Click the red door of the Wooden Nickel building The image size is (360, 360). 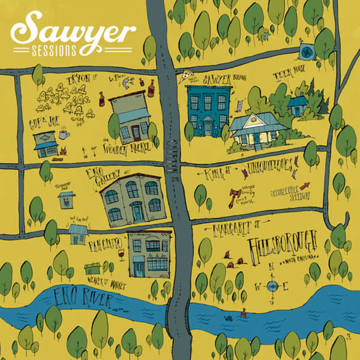(x=136, y=131)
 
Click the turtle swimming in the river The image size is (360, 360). (x=230, y=319)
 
